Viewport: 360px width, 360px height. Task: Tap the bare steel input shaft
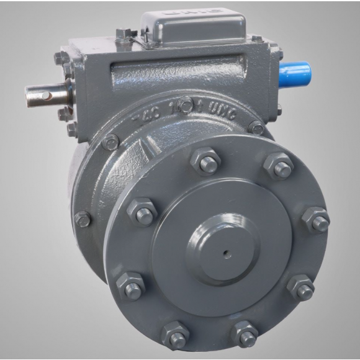click(x=46, y=95)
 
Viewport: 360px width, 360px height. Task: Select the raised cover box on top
click(x=193, y=28)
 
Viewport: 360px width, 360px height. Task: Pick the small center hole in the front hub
click(x=227, y=253)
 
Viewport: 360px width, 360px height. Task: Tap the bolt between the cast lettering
click(x=186, y=106)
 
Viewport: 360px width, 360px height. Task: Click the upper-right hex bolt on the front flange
click(x=279, y=166)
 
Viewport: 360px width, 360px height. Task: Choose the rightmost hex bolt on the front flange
click(x=317, y=220)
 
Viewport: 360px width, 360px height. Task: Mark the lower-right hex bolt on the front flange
click(x=302, y=287)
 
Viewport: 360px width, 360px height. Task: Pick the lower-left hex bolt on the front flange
click(x=130, y=287)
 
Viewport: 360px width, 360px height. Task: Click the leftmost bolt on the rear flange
click(x=83, y=218)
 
